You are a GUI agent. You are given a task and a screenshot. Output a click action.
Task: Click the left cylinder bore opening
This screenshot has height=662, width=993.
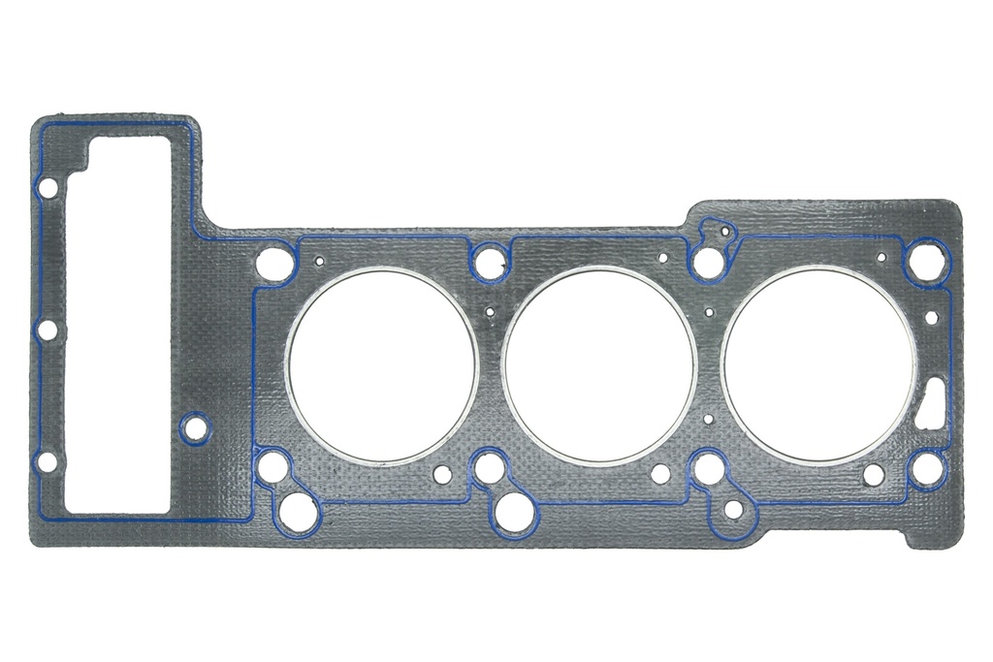(x=382, y=365)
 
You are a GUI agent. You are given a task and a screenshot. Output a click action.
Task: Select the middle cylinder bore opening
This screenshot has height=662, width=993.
(x=599, y=365)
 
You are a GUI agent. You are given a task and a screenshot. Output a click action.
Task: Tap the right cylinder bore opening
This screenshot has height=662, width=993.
(x=819, y=365)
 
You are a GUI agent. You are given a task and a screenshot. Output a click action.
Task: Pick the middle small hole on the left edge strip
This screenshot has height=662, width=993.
(x=46, y=331)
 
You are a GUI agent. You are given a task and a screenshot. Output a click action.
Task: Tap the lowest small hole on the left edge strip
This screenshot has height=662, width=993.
(x=46, y=462)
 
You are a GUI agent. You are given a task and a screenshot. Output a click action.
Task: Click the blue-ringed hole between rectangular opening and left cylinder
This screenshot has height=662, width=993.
(x=195, y=427)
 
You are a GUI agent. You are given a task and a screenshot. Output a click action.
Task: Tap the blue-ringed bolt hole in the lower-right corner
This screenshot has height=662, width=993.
(x=926, y=469)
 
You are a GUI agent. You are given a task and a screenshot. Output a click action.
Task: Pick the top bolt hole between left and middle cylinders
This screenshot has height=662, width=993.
(x=491, y=261)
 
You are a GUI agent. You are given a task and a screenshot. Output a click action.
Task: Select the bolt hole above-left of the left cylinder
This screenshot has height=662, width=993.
(x=274, y=262)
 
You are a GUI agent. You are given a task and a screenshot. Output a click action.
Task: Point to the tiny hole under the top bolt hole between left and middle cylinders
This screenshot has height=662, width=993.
(x=491, y=312)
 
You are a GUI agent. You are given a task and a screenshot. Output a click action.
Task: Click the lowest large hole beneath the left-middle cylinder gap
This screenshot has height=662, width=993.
(x=514, y=511)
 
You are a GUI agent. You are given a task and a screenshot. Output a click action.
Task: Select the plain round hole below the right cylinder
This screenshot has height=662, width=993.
(x=873, y=474)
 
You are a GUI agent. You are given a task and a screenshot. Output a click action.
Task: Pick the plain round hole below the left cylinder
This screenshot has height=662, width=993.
(x=442, y=474)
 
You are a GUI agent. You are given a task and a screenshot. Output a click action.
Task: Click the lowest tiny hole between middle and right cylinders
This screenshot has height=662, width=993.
(x=709, y=420)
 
